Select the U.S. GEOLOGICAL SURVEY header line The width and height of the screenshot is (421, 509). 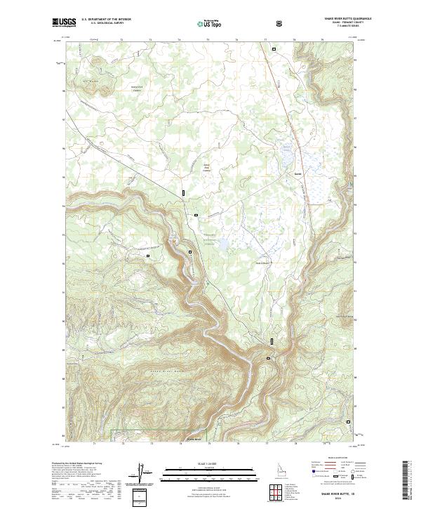102,24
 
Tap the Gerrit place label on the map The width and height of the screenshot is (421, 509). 298,167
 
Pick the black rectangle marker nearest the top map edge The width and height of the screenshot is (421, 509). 275,49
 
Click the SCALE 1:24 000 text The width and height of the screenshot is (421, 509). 200,463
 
